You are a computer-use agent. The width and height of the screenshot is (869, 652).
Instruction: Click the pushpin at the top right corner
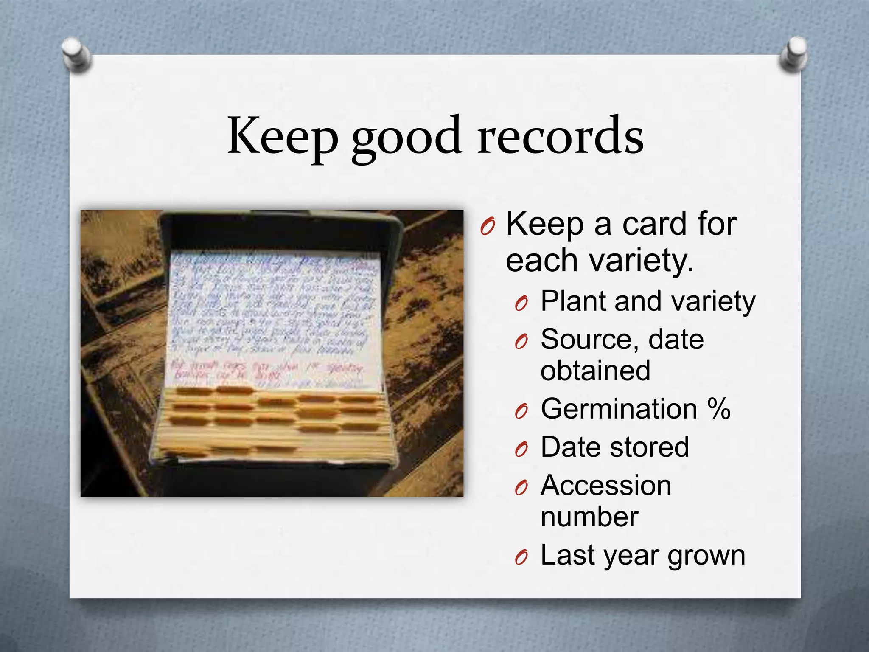point(793,54)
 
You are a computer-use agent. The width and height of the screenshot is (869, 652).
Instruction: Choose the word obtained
point(595,371)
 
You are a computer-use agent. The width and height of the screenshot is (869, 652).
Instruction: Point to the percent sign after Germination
point(719,409)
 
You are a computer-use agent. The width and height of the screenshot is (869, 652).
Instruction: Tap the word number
point(589,517)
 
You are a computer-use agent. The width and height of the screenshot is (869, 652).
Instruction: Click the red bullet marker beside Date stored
point(521,450)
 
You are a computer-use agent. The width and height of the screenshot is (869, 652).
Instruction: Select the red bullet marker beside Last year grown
point(521,557)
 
